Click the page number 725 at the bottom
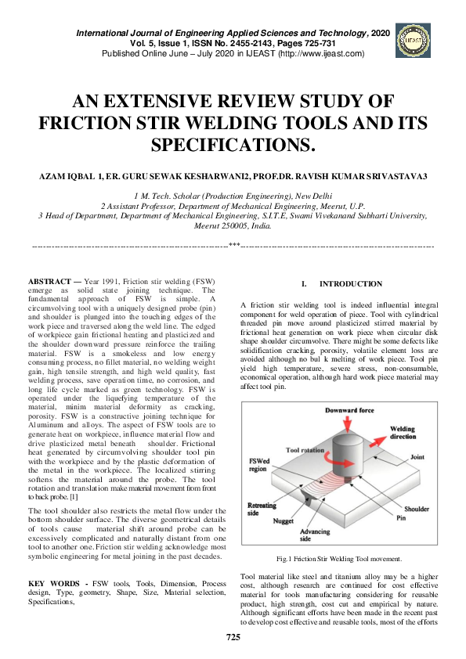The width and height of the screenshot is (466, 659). click(x=233, y=638)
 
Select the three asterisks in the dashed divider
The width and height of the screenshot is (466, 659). click(x=233, y=246)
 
